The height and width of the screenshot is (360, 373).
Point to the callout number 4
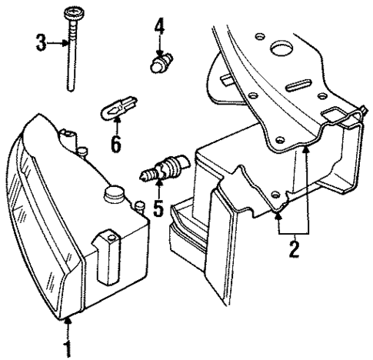click(x=159, y=28)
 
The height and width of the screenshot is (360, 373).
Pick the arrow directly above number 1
click(x=69, y=328)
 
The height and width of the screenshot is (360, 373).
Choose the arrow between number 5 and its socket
click(x=158, y=191)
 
